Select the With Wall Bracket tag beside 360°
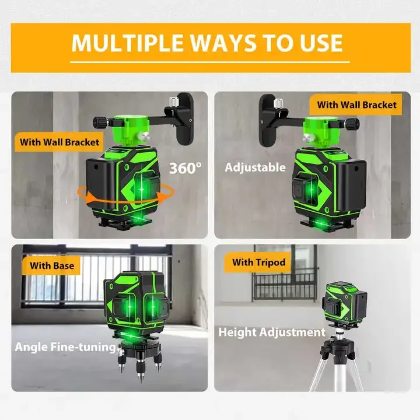point(60,142)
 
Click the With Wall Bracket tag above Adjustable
point(356,105)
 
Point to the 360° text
point(185,168)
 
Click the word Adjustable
point(256,167)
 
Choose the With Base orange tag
point(52,265)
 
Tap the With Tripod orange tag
point(259,262)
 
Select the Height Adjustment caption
point(271,332)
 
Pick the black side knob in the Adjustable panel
point(353,123)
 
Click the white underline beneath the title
point(210,61)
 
